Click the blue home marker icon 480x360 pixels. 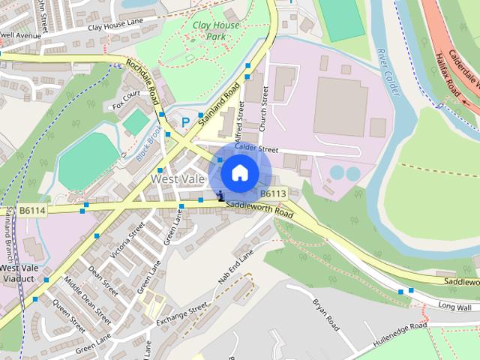(x=239, y=173)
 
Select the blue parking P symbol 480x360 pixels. (x=184, y=122)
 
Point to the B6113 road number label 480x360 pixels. (x=274, y=193)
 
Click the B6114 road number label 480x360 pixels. (x=32, y=211)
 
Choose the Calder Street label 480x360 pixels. (x=251, y=148)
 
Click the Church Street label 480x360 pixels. (x=263, y=112)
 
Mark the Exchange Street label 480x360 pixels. (x=181, y=317)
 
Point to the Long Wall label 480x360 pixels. (x=454, y=307)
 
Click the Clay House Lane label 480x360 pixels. (x=115, y=26)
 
